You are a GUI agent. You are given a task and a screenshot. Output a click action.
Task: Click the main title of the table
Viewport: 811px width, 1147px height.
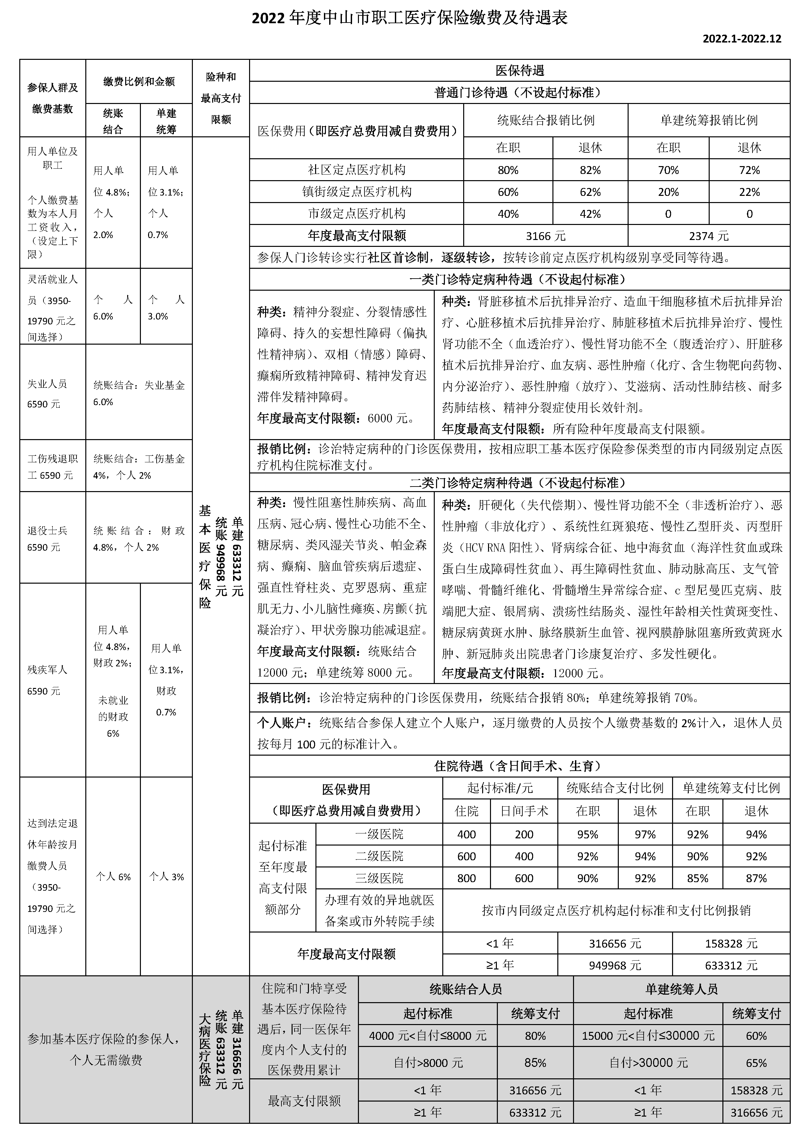point(410,19)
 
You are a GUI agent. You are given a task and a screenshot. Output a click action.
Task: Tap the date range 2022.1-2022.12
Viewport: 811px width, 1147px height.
point(742,39)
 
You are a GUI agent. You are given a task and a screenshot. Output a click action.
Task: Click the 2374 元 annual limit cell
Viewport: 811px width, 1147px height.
point(709,236)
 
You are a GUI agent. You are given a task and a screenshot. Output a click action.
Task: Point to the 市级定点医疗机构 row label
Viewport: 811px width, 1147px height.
point(357,214)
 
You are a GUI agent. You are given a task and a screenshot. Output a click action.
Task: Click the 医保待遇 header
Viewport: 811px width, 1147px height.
point(519,70)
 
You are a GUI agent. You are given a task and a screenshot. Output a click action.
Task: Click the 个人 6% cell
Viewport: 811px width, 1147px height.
point(113,876)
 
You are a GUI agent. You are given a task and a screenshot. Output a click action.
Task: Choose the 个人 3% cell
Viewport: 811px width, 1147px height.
point(166,876)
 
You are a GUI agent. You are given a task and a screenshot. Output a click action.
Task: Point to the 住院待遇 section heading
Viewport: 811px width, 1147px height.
point(519,766)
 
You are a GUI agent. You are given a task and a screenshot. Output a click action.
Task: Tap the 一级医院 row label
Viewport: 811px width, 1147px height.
point(379,834)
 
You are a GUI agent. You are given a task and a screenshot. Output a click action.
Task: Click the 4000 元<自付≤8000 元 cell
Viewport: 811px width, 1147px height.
point(428,1036)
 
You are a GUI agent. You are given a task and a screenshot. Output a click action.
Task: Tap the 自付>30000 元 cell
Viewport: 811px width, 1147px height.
point(648,1063)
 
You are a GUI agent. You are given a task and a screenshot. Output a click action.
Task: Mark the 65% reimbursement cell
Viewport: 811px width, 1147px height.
point(756,1063)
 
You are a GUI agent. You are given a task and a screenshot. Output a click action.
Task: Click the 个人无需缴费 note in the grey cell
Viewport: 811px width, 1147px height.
point(106,1060)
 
